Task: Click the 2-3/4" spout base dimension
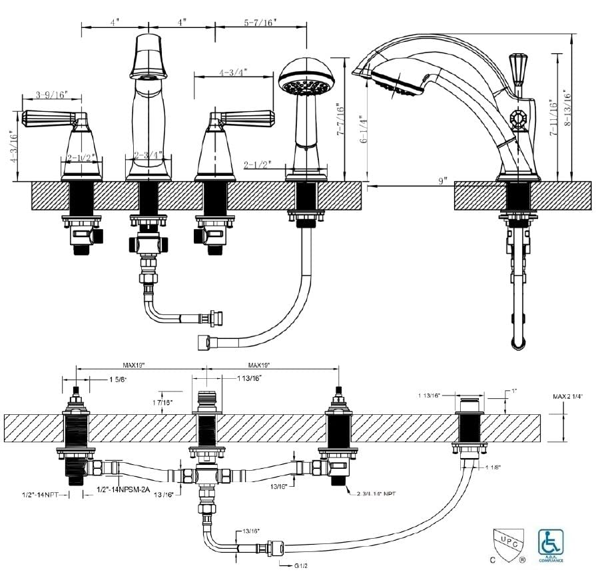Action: point(148,156)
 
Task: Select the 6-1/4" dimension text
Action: point(362,133)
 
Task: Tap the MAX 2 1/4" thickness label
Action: point(567,397)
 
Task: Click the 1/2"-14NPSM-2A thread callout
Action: point(123,489)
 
